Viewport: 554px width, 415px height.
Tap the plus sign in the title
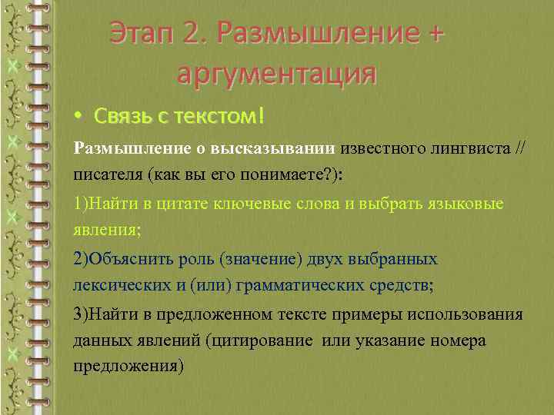[436, 35]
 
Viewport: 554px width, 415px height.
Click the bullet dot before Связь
[78, 117]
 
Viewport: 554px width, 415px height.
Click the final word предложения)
[128, 366]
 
